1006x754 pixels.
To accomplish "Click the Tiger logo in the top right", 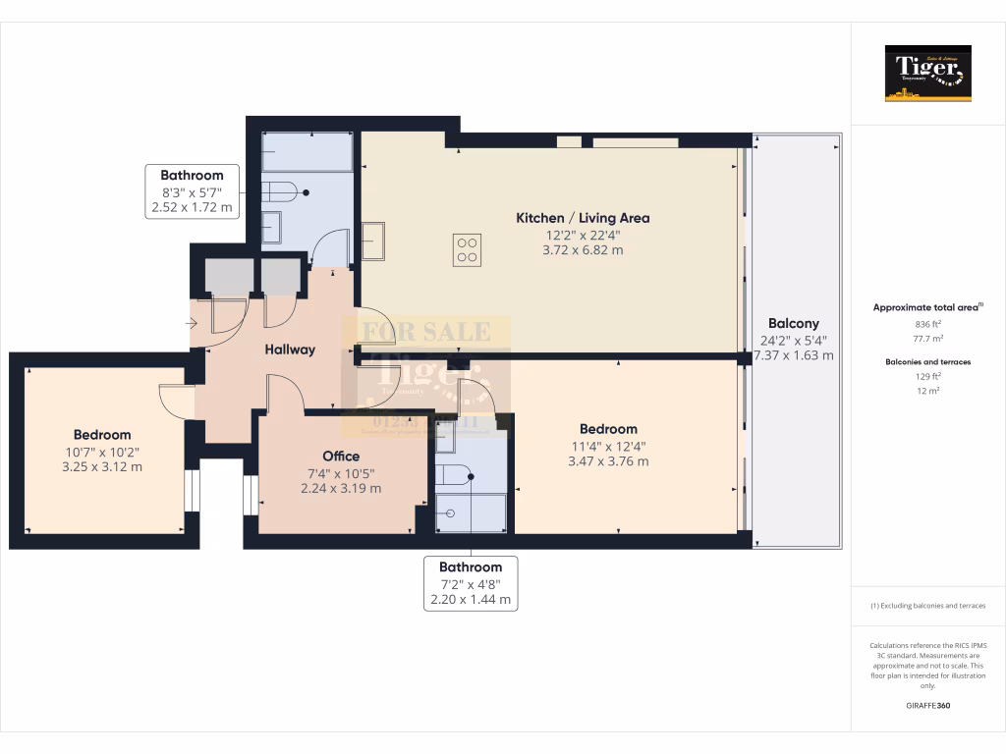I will [x=927, y=74].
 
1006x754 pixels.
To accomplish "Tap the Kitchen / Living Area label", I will [x=583, y=218].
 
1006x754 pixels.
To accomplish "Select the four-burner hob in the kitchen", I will [x=468, y=249].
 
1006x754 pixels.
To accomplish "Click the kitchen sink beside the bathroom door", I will [x=372, y=242].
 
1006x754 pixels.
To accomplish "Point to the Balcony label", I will [x=793, y=323].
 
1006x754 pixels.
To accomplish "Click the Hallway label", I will [x=289, y=349].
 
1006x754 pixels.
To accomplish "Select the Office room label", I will [x=341, y=456].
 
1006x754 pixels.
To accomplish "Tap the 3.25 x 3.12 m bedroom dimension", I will [x=101, y=466].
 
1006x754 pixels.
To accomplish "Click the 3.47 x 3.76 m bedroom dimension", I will [x=607, y=460].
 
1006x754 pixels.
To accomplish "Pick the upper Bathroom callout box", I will [x=193, y=191].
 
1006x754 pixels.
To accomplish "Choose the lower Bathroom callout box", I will [x=471, y=583].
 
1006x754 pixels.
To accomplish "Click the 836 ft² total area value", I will [x=928, y=323].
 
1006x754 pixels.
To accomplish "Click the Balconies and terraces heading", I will [x=928, y=362].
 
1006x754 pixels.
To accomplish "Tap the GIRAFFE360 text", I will [x=928, y=705].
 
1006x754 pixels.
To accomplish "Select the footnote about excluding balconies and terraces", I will [x=928, y=606].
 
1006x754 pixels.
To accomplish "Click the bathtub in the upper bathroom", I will [x=307, y=152].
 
